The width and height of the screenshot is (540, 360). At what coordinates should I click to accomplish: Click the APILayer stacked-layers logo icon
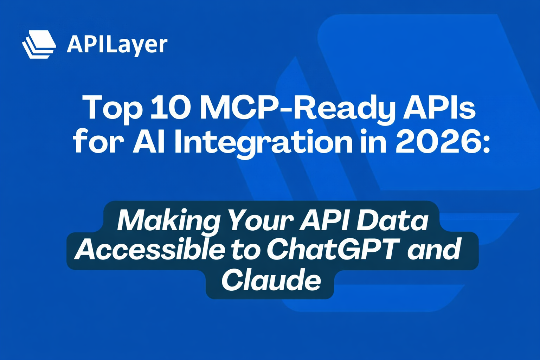[x=39, y=44]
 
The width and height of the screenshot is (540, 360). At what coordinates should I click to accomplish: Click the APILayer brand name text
[x=117, y=45]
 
